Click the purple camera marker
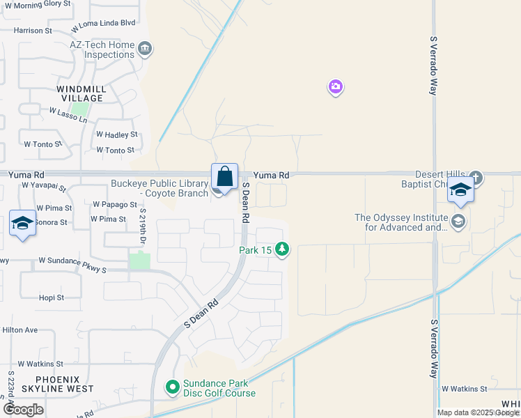coord(336,87)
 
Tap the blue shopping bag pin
coord(224,177)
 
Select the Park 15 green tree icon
coord(282,249)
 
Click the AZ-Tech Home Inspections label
coord(102,49)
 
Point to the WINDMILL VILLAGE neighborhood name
coord(81,93)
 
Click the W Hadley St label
coord(117,134)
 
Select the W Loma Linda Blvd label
coord(103,23)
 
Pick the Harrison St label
coord(33,31)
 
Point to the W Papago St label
coord(115,205)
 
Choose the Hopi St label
coord(51,297)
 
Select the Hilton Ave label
coord(20,330)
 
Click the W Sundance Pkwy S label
coord(72,261)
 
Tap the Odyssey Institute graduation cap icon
coord(458,222)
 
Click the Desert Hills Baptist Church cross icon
coord(476,177)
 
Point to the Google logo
coord(23,410)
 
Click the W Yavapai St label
coord(43,187)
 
